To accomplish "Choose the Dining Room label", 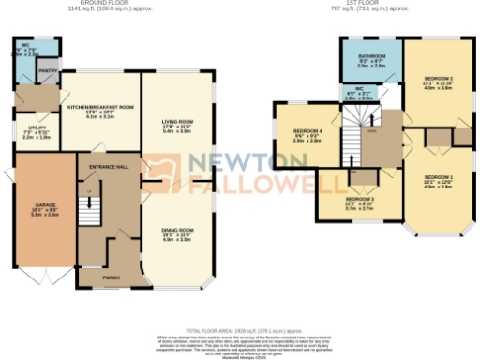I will tap(177, 230).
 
